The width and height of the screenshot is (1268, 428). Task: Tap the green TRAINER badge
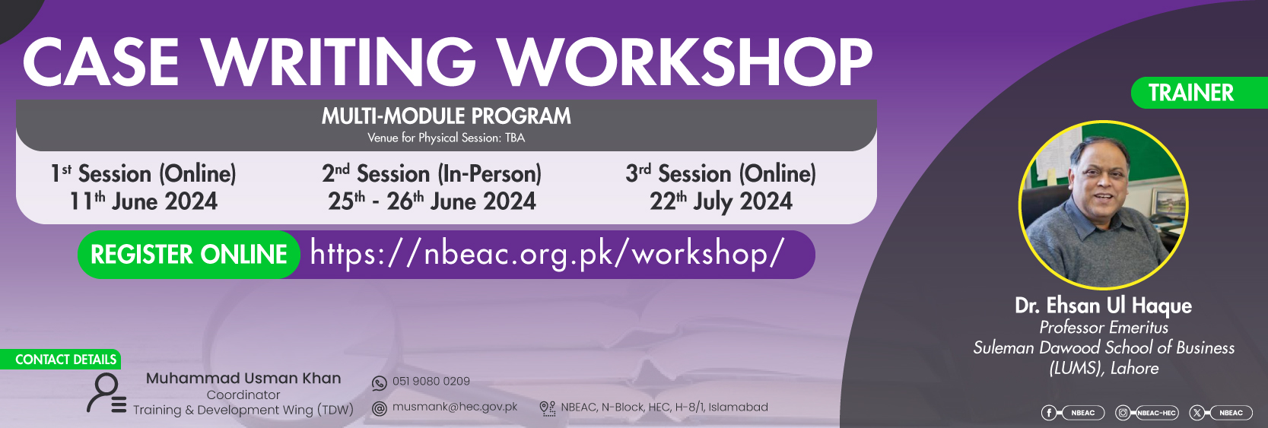pos(1199,93)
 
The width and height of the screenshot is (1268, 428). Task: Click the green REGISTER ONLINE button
pos(189,255)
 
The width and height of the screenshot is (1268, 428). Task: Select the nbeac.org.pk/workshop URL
pos(547,252)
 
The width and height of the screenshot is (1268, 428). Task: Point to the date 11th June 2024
pos(143,202)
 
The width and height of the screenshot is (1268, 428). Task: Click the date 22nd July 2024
pos(720,202)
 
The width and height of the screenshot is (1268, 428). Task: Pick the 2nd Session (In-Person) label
pos(431,173)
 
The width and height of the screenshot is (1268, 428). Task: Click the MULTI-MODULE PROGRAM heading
pos(446,116)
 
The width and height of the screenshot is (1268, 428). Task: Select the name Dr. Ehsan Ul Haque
pos(1103,306)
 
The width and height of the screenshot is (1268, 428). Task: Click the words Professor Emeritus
pos(1103,328)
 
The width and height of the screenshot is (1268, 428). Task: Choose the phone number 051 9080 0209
pos(431,382)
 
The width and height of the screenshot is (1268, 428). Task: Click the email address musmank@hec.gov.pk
pos(455,407)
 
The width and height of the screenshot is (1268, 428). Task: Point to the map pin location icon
pos(547,409)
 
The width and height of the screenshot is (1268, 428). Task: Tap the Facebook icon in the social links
pos(1048,414)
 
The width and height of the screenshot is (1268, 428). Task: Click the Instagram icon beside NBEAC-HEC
pos(1123,414)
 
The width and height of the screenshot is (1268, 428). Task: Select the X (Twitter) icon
pos(1196,414)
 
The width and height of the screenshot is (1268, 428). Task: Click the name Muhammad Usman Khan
pos(243,379)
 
